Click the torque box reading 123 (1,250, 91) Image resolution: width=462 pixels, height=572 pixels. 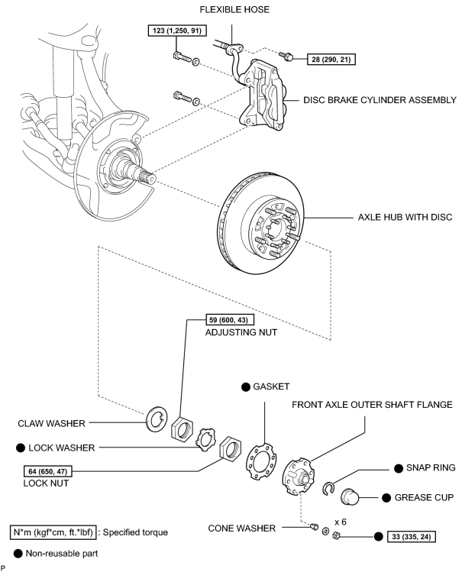click(x=177, y=31)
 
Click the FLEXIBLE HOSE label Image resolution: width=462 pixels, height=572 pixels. click(x=234, y=9)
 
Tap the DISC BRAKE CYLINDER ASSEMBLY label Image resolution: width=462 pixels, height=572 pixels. click(x=380, y=100)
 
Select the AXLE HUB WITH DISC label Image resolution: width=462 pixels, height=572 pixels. click(x=405, y=217)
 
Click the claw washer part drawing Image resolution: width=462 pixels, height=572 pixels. click(x=157, y=418)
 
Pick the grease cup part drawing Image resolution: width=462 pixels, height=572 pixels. click(x=351, y=496)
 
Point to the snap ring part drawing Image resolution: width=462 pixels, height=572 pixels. click(x=328, y=489)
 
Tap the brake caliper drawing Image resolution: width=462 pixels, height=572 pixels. click(x=262, y=95)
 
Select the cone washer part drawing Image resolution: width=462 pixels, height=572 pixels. click(x=314, y=526)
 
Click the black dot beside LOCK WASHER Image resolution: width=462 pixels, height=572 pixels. click(x=21, y=448)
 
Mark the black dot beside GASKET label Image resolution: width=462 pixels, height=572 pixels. click(x=246, y=387)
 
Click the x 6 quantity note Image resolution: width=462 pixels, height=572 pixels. click(x=341, y=522)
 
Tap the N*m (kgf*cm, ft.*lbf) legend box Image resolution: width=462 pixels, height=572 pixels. click(x=53, y=532)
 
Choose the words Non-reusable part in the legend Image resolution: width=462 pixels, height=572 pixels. click(x=62, y=554)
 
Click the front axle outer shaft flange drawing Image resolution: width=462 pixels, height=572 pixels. click(x=299, y=477)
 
